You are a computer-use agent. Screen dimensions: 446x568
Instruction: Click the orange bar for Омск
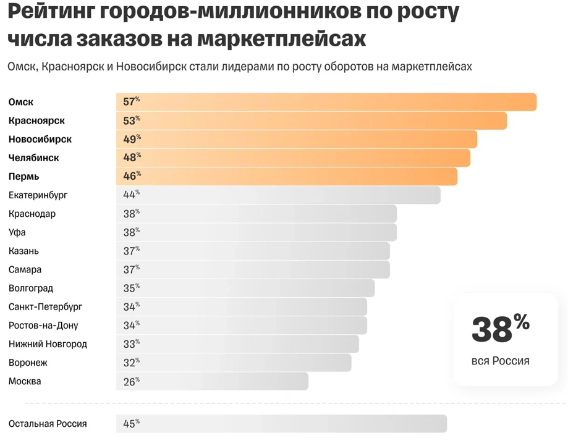326,102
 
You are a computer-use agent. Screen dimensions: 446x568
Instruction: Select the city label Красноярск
36,120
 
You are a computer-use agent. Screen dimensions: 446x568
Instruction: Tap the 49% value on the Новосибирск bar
132,140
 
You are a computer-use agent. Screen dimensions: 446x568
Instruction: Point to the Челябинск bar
293,158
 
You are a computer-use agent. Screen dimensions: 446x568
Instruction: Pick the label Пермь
23,177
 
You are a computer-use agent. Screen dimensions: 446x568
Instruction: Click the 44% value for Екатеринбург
131,195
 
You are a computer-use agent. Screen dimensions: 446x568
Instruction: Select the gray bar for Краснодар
256,214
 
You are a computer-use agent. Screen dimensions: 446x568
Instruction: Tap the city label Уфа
17,232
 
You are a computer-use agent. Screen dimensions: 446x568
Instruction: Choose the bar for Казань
253,251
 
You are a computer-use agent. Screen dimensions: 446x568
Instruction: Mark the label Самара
25,270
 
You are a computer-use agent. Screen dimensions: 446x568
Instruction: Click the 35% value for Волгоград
131,288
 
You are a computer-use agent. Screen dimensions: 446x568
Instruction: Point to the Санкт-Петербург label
45,307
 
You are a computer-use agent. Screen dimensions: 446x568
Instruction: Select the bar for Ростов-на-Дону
241,326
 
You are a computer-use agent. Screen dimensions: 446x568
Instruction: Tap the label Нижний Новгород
48,344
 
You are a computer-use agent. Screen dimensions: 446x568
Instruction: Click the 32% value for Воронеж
131,363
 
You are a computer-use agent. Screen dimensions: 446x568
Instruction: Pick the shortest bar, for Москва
212,381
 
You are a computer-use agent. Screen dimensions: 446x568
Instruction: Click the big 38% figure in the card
500,329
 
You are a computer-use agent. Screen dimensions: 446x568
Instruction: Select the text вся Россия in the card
500,361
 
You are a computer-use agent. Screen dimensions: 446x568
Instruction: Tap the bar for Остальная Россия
281,424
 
